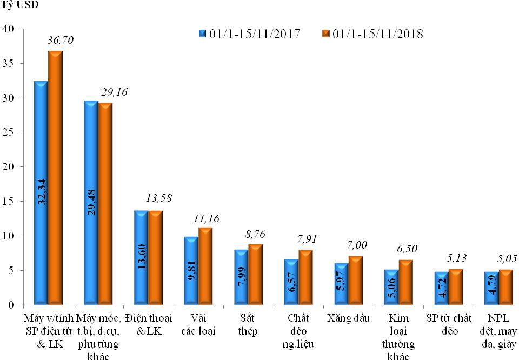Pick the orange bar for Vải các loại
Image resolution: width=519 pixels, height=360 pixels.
pyautogui.click(x=205, y=265)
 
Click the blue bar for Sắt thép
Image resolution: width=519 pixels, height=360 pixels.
pyautogui.click(x=241, y=276)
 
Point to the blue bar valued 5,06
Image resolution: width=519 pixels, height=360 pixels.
pyautogui.click(x=391, y=286)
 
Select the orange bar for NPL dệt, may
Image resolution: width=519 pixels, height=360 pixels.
pyautogui.click(x=506, y=286)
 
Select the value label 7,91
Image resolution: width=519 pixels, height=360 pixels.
pyautogui.click(x=308, y=238)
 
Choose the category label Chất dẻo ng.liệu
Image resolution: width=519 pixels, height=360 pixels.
pyautogui.click(x=298, y=330)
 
